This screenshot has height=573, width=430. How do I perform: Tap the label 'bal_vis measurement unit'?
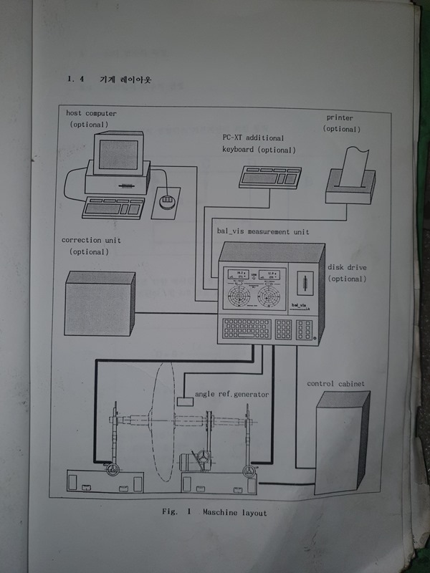262,232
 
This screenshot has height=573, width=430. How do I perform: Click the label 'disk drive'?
346,267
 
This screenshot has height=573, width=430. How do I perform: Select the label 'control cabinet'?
335,384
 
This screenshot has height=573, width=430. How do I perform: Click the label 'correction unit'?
91,240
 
